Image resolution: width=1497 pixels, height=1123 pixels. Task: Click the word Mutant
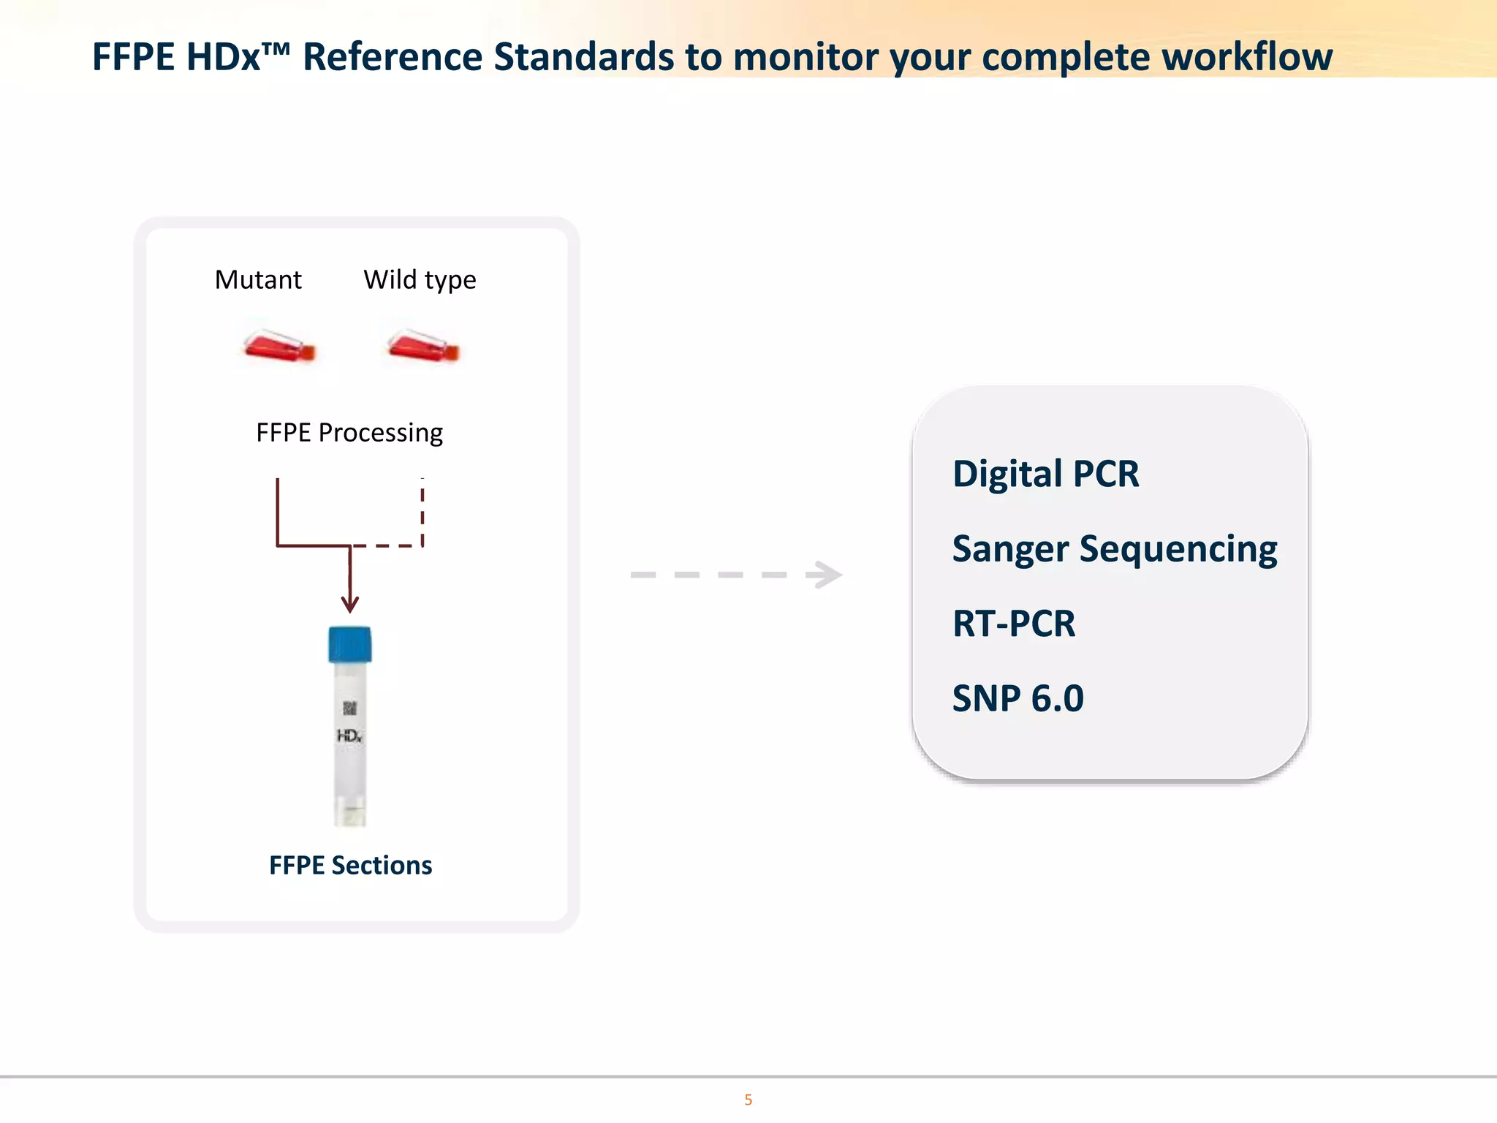[258, 280]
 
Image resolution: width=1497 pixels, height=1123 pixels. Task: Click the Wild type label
[420, 280]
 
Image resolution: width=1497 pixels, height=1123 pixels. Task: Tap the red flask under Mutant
[278, 346]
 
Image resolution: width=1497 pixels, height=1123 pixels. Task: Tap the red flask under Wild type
[422, 346]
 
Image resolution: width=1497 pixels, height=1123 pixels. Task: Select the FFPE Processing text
[349, 433]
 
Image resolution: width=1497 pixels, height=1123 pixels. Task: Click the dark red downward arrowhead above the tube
[350, 605]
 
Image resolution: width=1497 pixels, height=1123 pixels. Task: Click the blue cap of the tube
[350, 644]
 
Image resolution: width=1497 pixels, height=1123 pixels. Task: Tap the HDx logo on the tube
[349, 736]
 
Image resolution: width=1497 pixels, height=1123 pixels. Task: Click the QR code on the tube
[350, 708]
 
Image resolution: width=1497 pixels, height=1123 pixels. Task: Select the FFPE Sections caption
[350, 866]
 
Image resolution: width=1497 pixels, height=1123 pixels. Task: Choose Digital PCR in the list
[1045, 474]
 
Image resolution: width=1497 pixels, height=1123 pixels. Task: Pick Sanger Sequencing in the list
[1114, 550]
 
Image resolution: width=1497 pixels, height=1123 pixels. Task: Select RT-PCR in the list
[1013, 624]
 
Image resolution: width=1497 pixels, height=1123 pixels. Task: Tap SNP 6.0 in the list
[1017, 699]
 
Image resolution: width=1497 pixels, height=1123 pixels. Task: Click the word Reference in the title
[393, 57]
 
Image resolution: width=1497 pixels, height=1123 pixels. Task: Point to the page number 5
[748, 1100]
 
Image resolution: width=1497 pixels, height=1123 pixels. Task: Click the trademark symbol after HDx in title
[277, 48]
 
